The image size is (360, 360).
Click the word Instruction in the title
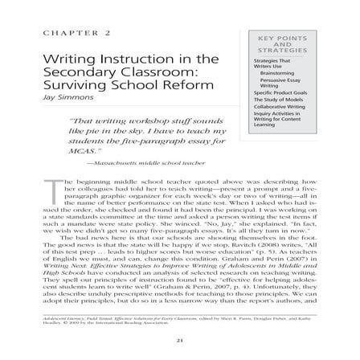(x=121, y=59)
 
